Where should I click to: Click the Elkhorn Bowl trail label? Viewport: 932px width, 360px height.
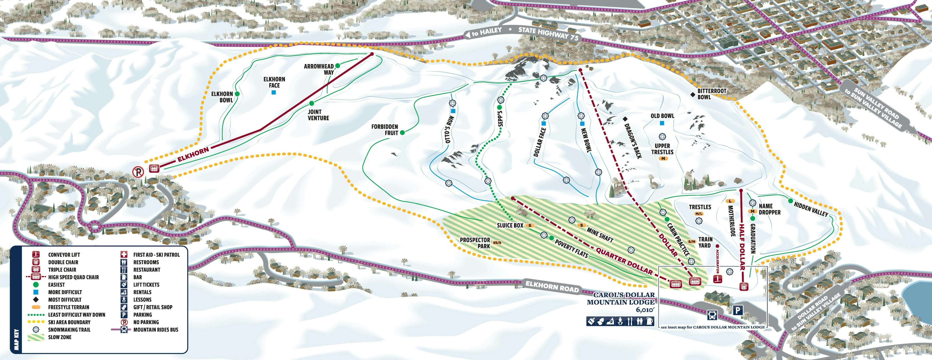pos(222,97)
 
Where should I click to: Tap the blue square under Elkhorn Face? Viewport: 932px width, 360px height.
pos(274,93)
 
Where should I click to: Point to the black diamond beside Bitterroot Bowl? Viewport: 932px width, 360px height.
pos(692,94)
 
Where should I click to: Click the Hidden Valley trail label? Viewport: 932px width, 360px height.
pos(811,209)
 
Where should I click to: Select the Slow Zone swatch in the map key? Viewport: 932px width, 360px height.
pos(36,337)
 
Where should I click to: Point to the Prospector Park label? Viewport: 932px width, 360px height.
pos(475,243)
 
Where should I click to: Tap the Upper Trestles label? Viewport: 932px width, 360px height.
pos(662,149)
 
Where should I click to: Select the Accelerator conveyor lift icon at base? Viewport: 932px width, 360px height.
pos(717,279)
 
